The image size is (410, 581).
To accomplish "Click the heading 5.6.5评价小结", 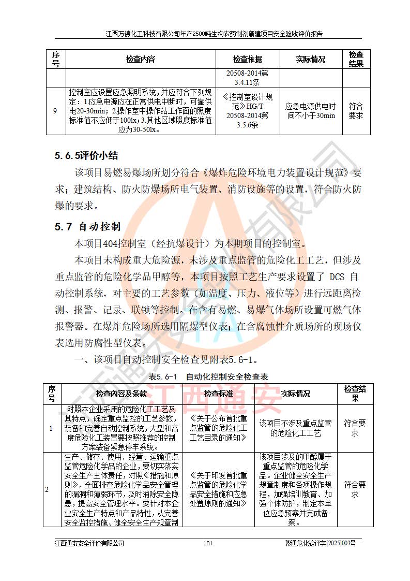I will [x=86, y=155].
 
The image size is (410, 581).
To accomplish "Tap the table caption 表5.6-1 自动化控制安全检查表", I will [x=208, y=376].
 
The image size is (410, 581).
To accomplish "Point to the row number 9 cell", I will [x=55, y=111].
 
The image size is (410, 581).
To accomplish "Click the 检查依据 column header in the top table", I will [x=247, y=59].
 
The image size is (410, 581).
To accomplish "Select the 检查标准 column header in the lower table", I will [x=219, y=394].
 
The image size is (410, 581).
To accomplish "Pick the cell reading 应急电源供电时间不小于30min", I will [x=310, y=111].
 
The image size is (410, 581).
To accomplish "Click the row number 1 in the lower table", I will [x=51, y=428].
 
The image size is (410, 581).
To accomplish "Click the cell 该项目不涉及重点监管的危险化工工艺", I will [x=296, y=428].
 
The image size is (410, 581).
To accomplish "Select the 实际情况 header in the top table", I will [x=310, y=59].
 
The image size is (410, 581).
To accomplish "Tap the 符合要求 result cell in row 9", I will [x=356, y=111].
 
